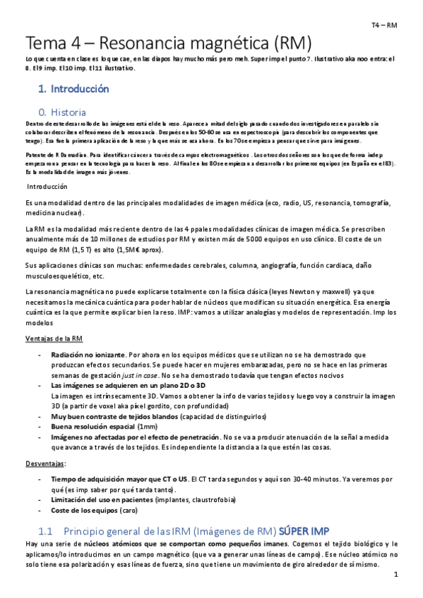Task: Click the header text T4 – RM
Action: tap(384, 25)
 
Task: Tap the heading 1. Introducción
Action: tap(73, 90)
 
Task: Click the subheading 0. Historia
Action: tap(63, 112)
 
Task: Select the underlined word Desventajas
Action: tap(44, 463)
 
